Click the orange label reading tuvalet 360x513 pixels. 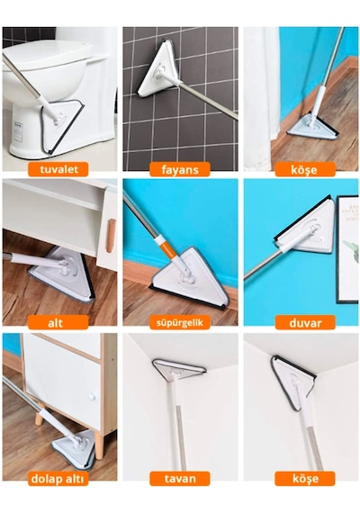pos(58,169)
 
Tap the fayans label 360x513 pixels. pos(180,169)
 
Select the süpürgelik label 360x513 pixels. pos(180,322)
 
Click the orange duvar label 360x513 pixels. pos(305,322)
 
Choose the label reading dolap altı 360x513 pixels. pos(58,478)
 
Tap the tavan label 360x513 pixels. pos(180,478)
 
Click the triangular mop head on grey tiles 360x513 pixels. pos(158,69)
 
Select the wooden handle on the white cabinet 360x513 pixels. pos(111,236)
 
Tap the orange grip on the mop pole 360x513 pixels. pos(169,248)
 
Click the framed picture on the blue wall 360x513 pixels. pos(347,249)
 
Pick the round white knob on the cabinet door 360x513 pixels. pos(91,397)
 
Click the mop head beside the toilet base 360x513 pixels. pos(62,126)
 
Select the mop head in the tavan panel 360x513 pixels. pos(178,368)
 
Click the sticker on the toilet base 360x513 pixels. pos(18,131)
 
